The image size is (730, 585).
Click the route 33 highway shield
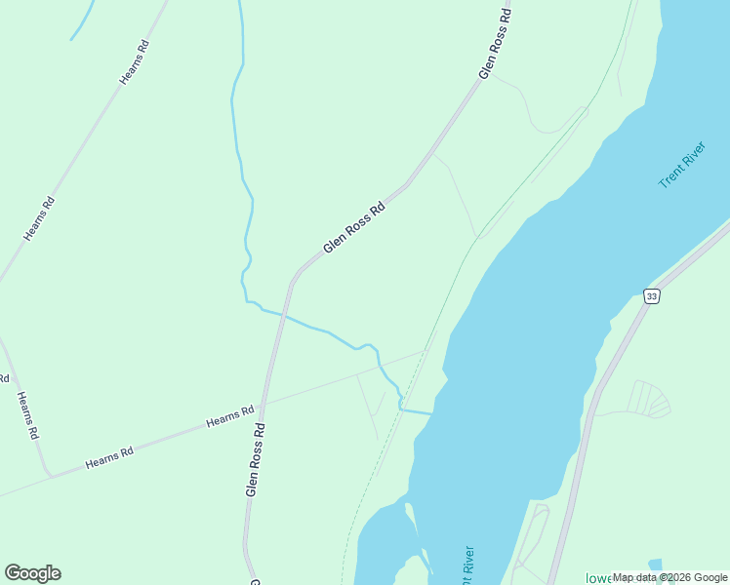652,295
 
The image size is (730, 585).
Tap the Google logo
32,573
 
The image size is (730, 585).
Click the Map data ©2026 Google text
669,577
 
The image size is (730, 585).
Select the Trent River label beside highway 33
681,166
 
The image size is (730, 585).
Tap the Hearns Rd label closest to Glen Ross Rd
230,416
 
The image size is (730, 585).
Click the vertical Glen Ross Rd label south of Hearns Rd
256,459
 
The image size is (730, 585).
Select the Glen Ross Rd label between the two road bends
354,227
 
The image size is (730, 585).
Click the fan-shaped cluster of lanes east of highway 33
648,399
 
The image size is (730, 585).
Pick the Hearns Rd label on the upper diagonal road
134,61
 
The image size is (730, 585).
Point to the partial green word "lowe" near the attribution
597,578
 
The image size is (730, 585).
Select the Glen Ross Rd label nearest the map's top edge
496,44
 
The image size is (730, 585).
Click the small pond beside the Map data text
654,565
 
